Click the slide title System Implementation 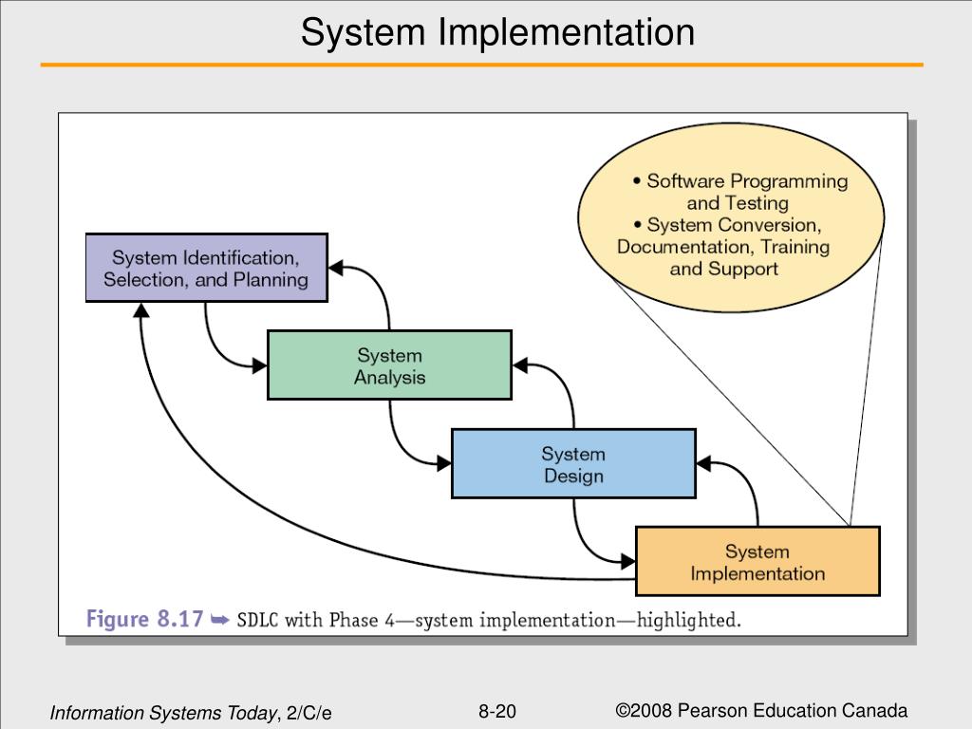point(497,33)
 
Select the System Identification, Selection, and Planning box point(206,268)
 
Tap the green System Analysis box point(389,365)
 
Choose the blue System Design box point(573,464)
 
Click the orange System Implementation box point(757,562)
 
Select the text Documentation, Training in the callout point(723,247)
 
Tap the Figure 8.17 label point(145,621)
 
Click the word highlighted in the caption point(689,622)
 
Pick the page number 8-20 point(497,712)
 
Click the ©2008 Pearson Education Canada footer point(761,711)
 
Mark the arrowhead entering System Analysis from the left point(259,365)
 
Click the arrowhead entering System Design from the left point(443,464)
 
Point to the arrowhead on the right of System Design point(704,463)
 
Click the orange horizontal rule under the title point(481,65)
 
